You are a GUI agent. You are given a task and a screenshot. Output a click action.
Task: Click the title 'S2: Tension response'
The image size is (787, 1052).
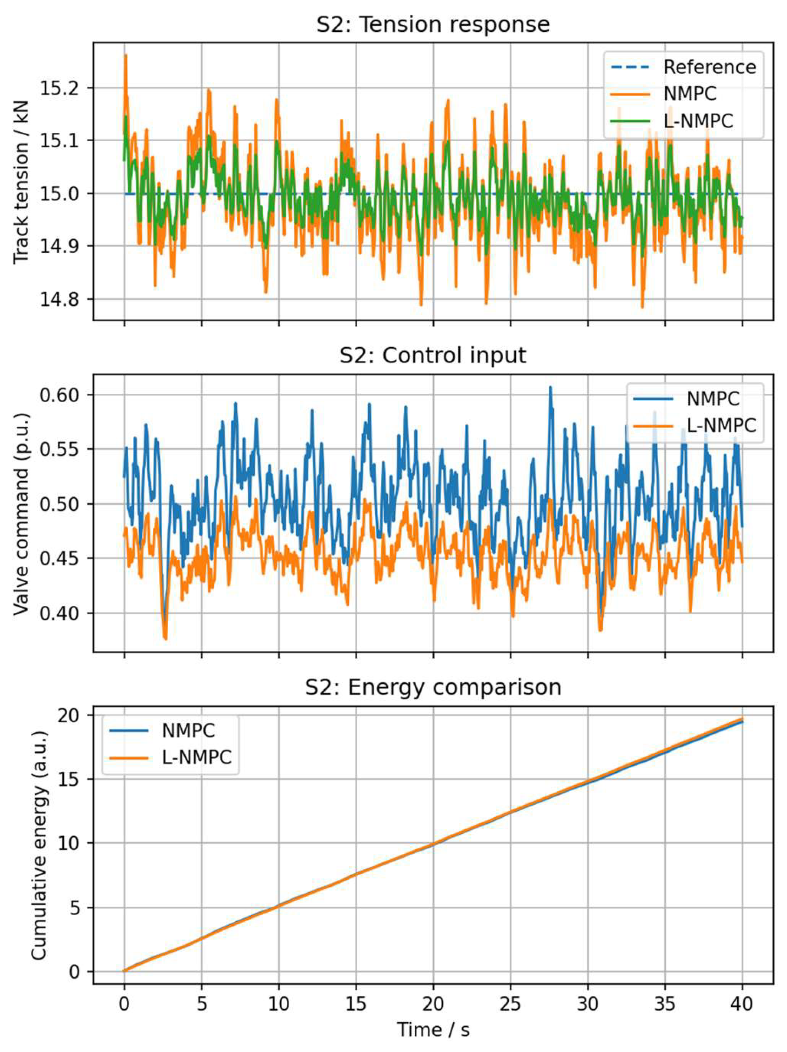(x=433, y=24)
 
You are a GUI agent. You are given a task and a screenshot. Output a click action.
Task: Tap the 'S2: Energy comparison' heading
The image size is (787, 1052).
(x=433, y=687)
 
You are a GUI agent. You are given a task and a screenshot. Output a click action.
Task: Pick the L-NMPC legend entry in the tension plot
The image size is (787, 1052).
(x=698, y=121)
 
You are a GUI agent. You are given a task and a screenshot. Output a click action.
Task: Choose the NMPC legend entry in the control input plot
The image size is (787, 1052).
(x=713, y=399)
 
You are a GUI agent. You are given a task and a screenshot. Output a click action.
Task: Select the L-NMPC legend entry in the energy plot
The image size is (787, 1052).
(x=196, y=757)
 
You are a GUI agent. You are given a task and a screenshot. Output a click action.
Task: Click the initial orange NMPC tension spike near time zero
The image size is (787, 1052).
(x=125, y=56)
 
